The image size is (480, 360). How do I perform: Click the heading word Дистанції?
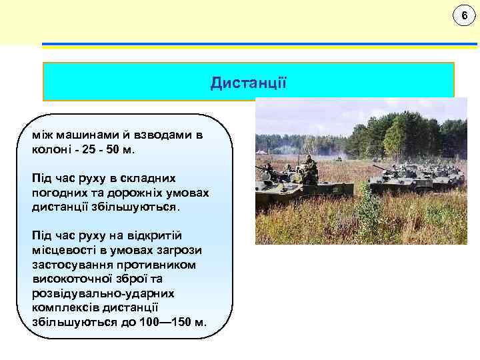248,83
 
